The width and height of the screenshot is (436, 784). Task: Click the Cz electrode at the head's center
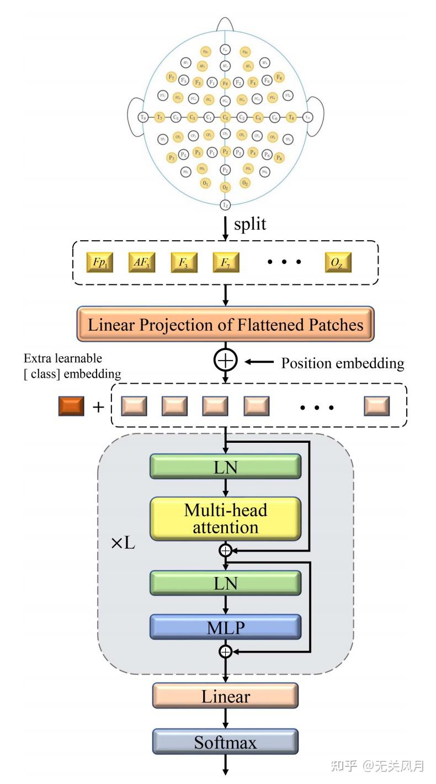(225, 117)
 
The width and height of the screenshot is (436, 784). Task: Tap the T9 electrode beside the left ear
(143, 117)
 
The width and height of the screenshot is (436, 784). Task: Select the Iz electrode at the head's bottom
(225, 205)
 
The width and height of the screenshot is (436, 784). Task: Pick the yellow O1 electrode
(205, 182)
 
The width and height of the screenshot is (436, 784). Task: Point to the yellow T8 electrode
(291, 117)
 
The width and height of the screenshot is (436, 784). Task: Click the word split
(250, 224)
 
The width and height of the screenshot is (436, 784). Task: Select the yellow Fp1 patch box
(99, 263)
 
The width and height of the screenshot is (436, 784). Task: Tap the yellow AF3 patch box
(142, 263)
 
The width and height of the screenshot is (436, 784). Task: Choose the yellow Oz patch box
(338, 263)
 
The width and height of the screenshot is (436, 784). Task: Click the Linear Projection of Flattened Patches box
(225, 324)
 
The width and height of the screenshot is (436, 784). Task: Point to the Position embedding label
(342, 363)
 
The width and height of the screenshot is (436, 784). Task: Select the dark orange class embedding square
(71, 406)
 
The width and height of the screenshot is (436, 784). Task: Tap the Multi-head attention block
(225, 518)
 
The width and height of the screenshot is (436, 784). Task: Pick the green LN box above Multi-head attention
(225, 467)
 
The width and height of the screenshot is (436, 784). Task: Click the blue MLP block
(225, 627)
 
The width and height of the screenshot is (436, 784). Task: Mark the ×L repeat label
(123, 543)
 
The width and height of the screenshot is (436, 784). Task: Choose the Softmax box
(225, 742)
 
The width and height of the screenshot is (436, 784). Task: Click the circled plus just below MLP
(225, 651)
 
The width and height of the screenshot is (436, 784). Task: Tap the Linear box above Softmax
(225, 696)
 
